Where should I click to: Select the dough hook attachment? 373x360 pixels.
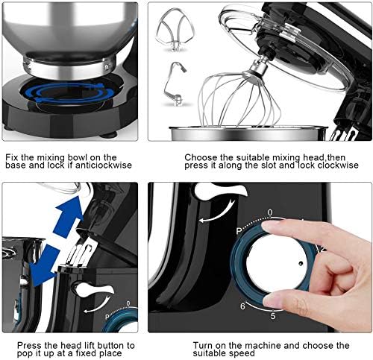click(174, 84)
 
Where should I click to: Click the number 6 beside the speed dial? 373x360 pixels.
click(242, 306)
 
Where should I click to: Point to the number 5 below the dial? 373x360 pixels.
click(273, 316)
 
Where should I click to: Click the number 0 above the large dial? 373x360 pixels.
click(270, 212)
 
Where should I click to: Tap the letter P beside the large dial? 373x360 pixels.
click(239, 231)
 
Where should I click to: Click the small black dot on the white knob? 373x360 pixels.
click(301, 263)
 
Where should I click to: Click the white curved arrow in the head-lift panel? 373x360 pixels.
click(98, 305)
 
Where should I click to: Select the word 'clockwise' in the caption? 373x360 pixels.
click(338, 165)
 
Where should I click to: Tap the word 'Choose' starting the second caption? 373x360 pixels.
click(201, 157)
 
